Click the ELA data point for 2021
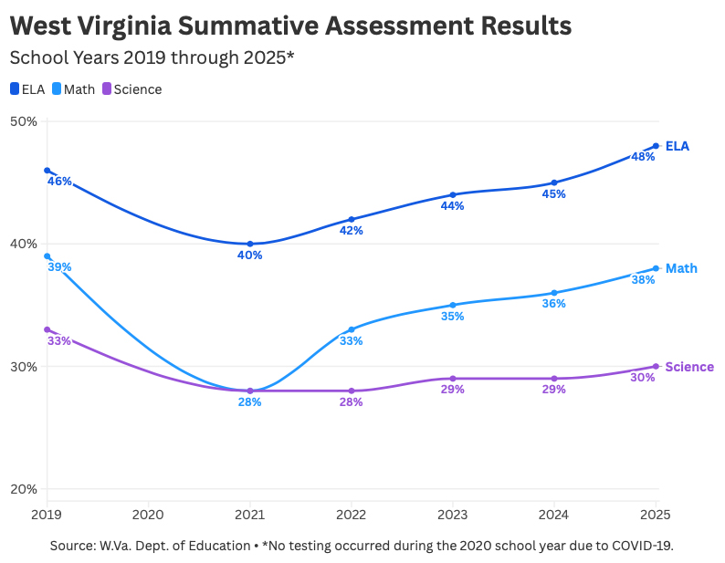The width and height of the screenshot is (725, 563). pyautogui.click(x=250, y=244)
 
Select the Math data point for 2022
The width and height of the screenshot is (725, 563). pyautogui.click(x=352, y=329)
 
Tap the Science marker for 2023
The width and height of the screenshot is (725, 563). pyautogui.click(x=453, y=379)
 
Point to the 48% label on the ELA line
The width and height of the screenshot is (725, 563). pyautogui.click(x=643, y=157)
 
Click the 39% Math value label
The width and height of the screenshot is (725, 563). pyautogui.click(x=60, y=266)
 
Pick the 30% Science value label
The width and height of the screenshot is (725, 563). pyautogui.click(x=643, y=377)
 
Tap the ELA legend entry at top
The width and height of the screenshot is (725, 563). pyautogui.click(x=33, y=89)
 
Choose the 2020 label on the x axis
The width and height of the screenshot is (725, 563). pyautogui.click(x=148, y=515)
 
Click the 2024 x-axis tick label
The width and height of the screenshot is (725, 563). pyautogui.click(x=554, y=515)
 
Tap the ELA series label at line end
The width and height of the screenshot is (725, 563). pyautogui.click(x=678, y=146)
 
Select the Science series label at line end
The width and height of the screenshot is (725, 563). pyautogui.click(x=689, y=367)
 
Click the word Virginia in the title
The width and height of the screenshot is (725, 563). pyautogui.click(x=146, y=25)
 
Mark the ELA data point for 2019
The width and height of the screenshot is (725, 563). pyautogui.click(x=47, y=171)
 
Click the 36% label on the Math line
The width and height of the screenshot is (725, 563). pyautogui.click(x=554, y=304)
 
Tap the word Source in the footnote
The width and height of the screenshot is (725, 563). pyautogui.click(x=73, y=546)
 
